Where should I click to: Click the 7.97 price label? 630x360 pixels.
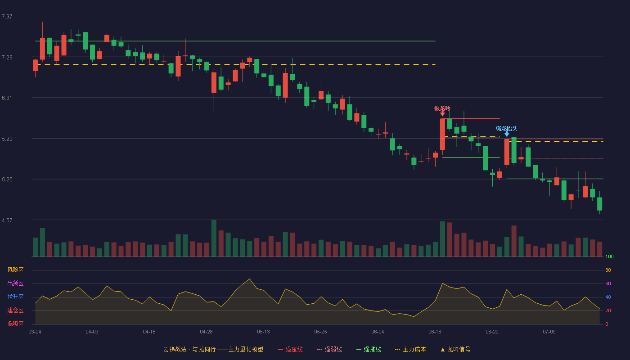pyautogui.click(x=7, y=17)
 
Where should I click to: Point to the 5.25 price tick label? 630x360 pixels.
pyautogui.click(x=7, y=180)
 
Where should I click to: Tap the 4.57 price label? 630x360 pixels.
pyautogui.click(x=7, y=220)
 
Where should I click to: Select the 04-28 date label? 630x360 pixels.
pyautogui.click(x=206, y=332)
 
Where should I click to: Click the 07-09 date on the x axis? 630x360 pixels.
pyautogui.click(x=549, y=332)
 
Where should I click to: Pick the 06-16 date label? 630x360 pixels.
pyautogui.click(x=435, y=332)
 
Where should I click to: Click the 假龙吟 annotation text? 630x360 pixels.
pyautogui.click(x=442, y=108)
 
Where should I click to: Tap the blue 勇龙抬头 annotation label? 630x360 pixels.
pyautogui.click(x=507, y=129)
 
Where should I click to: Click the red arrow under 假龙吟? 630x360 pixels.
pyautogui.click(x=442, y=113)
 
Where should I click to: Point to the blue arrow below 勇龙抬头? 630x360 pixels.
pyautogui.click(x=507, y=134)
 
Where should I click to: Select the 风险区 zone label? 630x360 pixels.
pyautogui.click(x=15, y=270)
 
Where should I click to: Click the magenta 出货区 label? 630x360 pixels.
pyautogui.click(x=15, y=283)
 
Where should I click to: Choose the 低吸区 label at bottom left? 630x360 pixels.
pyautogui.click(x=15, y=324)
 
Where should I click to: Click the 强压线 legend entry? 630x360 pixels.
pyautogui.click(x=290, y=349)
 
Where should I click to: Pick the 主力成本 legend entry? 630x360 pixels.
pyautogui.click(x=410, y=349)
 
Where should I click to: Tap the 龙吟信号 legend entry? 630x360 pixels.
pyautogui.click(x=455, y=349)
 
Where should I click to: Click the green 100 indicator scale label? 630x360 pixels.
pyautogui.click(x=609, y=256)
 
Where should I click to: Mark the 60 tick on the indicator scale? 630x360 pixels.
pyautogui.click(x=608, y=283)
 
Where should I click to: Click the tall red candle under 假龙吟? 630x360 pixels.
pyautogui.click(x=442, y=134)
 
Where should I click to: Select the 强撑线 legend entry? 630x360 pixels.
pyautogui.click(x=369, y=349)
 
